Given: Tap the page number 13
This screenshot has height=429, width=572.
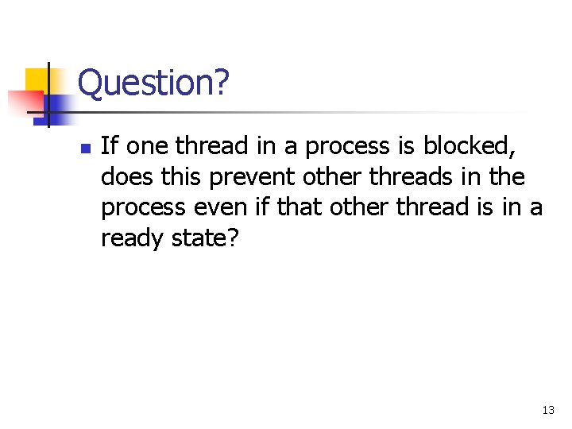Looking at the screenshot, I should pyautogui.click(x=548, y=411).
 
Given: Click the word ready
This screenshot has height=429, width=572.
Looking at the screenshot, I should pyautogui.click(x=133, y=238).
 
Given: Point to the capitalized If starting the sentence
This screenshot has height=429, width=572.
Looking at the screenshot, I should pyautogui.click(x=110, y=146).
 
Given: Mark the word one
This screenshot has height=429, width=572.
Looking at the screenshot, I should pyautogui.click(x=148, y=146).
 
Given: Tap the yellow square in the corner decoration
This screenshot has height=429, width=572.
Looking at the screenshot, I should pyautogui.click(x=37, y=79).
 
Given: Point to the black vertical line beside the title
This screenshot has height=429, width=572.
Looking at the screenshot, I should pyautogui.click(x=48, y=95).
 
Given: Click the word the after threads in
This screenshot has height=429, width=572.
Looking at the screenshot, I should pyautogui.click(x=505, y=176).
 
